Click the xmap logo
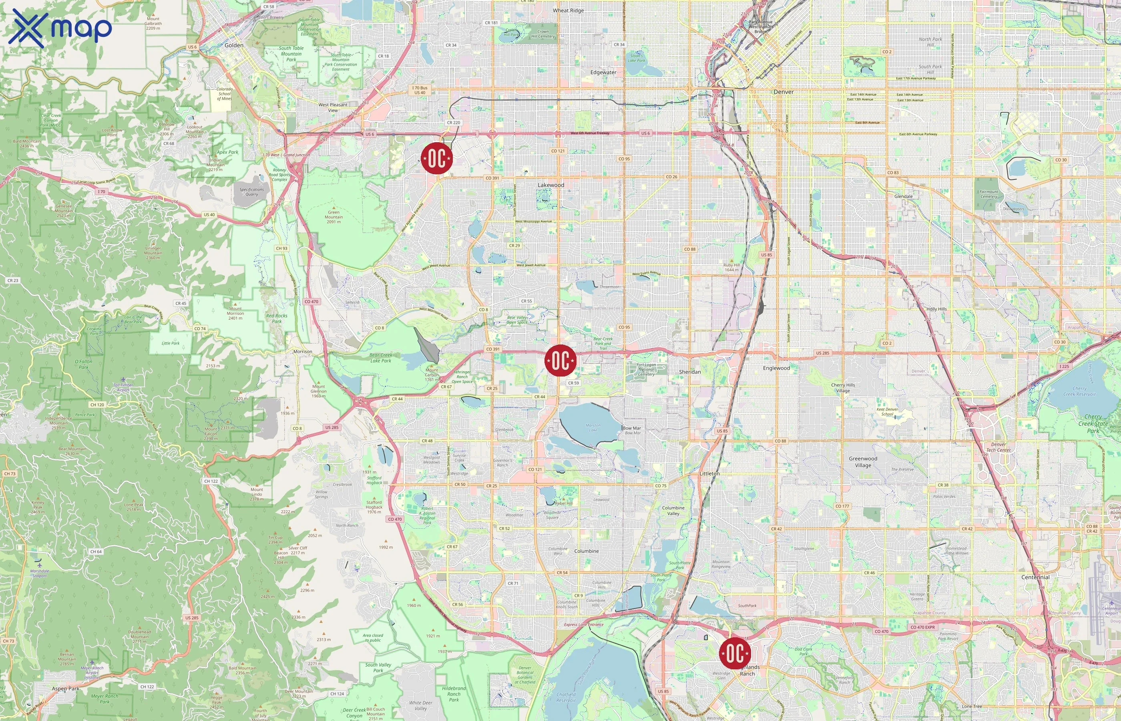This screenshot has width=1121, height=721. coord(60,28)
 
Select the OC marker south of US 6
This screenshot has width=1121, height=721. coord(436,158)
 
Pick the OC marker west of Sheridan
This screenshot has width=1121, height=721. coord(560,360)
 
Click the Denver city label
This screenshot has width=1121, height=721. coord(783,92)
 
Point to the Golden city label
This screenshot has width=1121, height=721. coord(234,45)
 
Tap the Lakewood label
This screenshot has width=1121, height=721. coord(550,185)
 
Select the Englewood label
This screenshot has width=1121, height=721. coord(776,368)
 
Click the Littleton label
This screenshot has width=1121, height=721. coord(709,473)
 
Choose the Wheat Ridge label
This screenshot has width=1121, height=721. coord(568,10)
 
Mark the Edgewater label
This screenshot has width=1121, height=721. coord(603,73)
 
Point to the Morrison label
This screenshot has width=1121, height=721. coord(303,352)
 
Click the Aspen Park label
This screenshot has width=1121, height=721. coord(66,689)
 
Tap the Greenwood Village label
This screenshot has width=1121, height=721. coord(863,461)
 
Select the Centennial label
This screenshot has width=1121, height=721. coord(1035,577)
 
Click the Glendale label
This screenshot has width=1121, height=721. coord(903,196)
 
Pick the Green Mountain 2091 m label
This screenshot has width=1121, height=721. coord(333,217)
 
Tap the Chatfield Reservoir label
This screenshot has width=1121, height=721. coord(566,697)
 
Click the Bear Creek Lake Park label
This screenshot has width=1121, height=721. coord(381,358)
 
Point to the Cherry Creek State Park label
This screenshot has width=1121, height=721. coord(1093,423)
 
